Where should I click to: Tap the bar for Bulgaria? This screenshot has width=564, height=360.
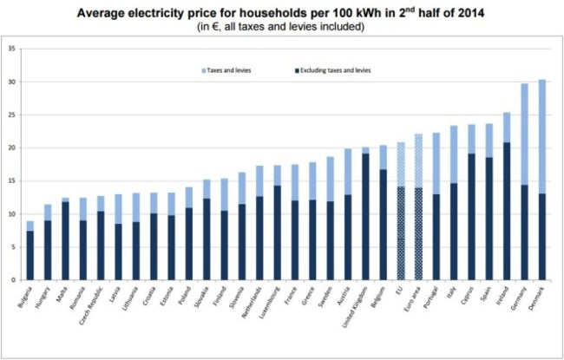point(30,251)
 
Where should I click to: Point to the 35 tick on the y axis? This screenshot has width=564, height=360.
point(10,49)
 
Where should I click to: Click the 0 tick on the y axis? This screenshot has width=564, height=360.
point(12,280)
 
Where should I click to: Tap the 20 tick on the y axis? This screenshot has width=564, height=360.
point(10,148)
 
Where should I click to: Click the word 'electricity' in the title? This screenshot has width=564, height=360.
point(205,13)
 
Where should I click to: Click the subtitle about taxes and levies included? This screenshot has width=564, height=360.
point(283,28)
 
